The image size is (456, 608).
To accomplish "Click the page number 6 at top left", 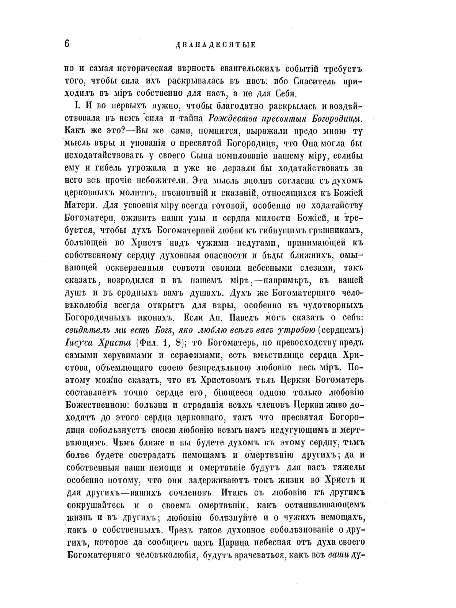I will (x=67, y=44).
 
